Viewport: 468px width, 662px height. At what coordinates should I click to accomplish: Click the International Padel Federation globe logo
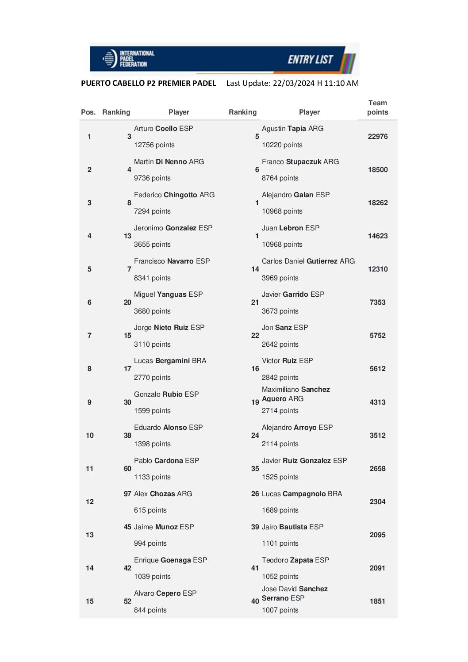(x=109, y=58)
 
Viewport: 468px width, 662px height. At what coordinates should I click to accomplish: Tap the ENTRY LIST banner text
(x=310, y=59)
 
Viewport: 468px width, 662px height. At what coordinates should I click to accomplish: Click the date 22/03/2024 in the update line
(x=292, y=83)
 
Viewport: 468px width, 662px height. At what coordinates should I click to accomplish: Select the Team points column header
(x=377, y=107)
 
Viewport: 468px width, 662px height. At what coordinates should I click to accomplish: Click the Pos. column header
(x=88, y=112)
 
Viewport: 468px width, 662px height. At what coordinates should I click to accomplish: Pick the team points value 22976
(x=377, y=137)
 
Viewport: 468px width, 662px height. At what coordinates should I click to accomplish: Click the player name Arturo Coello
(x=156, y=129)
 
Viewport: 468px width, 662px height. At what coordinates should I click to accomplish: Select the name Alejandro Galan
(x=288, y=195)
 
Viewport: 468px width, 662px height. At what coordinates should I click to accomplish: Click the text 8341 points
(x=152, y=278)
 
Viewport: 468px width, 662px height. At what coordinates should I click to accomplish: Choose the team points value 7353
(x=377, y=302)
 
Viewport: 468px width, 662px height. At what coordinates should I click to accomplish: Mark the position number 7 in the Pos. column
(x=89, y=336)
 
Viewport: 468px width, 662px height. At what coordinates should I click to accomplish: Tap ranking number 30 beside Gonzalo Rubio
(x=127, y=402)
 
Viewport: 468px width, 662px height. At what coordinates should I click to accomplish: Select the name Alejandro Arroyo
(x=289, y=428)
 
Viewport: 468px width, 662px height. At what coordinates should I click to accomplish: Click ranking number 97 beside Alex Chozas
(x=127, y=494)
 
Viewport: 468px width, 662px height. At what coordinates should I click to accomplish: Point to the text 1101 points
(x=280, y=543)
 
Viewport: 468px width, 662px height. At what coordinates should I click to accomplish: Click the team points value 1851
(x=377, y=601)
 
